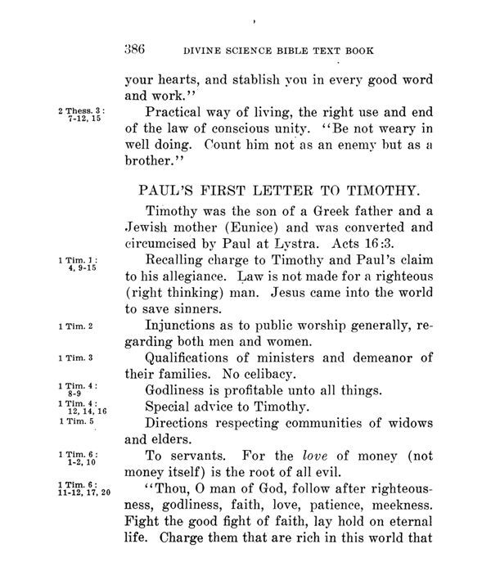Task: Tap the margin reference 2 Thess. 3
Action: pyautogui.click(x=79, y=109)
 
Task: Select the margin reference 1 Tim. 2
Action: pyautogui.click(x=75, y=327)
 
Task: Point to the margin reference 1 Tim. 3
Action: pyautogui.click(x=75, y=358)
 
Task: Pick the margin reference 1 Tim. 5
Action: pyautogui.click(x=75, y=422)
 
